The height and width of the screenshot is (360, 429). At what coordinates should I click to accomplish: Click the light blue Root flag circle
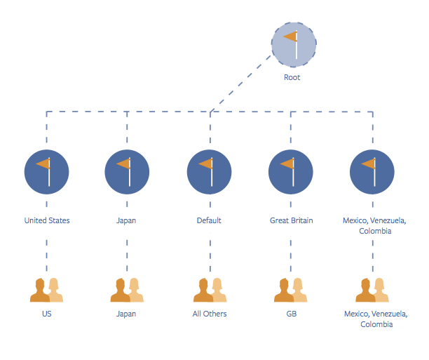(294, 45)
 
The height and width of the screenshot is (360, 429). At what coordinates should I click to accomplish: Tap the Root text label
(292, 77)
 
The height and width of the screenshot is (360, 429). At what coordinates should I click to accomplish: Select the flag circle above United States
(46, 172)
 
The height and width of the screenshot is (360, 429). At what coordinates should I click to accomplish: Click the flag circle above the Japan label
(127, 172)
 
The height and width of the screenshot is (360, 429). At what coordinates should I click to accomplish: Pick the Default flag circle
(210, 172)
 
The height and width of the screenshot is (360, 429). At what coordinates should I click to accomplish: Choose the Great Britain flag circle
(291, 172)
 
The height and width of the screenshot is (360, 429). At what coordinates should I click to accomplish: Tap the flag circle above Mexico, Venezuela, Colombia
(372, 172)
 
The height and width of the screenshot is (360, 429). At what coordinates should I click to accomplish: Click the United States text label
(47, 220)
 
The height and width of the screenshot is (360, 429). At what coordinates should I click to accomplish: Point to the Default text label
(209, 220)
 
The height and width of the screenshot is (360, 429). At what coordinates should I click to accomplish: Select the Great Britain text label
(292, 220)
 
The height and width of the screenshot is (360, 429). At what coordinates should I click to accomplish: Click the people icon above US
(46, 290)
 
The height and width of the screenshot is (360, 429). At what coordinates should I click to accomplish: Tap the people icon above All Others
(210, 290)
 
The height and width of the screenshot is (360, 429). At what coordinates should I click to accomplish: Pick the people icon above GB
(291, 290)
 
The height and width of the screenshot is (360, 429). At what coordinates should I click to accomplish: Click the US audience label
(47, 314)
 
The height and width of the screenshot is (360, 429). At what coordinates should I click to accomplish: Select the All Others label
(210, 314)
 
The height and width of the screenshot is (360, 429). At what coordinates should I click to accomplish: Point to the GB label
(292, 314)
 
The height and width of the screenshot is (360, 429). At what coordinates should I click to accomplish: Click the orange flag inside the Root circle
(290, 36)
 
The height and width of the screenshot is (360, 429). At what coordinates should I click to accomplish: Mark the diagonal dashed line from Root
(241, 84)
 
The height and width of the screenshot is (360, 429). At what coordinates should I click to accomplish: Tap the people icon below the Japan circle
(127, 290)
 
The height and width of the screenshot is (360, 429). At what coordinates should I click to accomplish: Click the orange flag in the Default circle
(205, 164)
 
